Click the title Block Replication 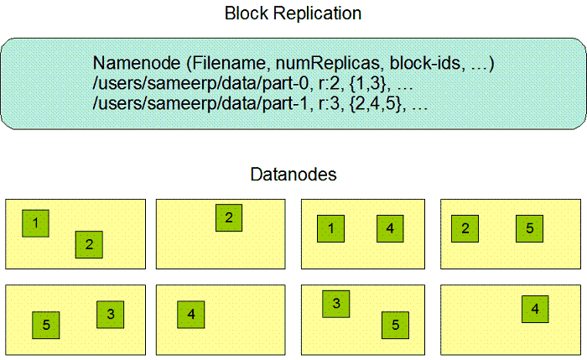pos(293,14)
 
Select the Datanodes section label pos(293,175)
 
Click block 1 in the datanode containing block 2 pos(36,222)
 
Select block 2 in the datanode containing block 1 pos(88,244)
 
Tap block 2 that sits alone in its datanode pos(227,217)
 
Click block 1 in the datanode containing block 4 pos(331,228)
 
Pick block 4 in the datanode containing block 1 pos(390,228)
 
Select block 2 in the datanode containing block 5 pos(465,228)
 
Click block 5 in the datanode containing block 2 pos(529,228)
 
